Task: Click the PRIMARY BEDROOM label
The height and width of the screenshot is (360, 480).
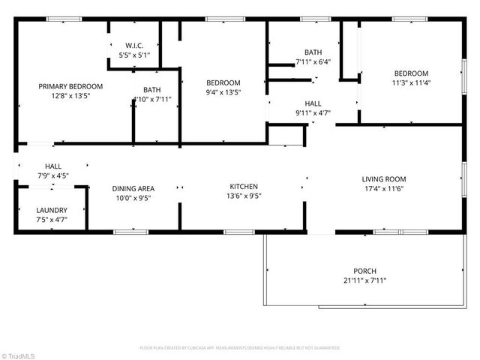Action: coord(70,86)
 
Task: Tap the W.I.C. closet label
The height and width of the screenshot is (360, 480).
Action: coord(134,46)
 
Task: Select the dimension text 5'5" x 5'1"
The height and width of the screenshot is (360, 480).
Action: coord(134,55)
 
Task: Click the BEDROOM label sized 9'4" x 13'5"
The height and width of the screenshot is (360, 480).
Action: coord(223,82)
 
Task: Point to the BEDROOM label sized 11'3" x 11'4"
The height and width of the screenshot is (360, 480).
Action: coord(412,73)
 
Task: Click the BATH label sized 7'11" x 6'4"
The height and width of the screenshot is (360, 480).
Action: coord(313,52)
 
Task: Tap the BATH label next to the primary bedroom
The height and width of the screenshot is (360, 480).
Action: coord(152,89)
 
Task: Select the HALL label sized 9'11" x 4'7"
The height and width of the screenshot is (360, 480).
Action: coord(313,103)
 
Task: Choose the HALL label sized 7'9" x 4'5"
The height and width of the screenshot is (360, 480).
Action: coord(53,166)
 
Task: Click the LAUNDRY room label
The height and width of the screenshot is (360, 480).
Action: coord(52,211)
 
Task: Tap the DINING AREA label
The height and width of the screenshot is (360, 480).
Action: coord(133,188)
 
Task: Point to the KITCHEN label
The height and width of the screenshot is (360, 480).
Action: coord(244,187)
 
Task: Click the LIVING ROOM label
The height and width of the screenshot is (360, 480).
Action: coord(383,179)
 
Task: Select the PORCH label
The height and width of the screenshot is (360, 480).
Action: coord(365,271)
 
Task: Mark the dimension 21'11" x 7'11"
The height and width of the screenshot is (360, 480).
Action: coord(365,280)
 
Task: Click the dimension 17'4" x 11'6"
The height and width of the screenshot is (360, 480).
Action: coord(383,189)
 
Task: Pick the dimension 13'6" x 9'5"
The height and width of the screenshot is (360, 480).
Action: coord(244,196)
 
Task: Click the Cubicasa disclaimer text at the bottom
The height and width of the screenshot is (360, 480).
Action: coord(240,348)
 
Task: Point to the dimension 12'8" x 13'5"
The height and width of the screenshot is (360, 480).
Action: coord(70,96)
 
